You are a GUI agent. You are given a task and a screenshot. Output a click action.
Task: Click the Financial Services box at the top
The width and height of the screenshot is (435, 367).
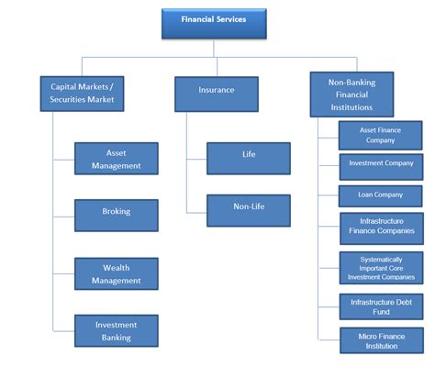[x=213, y=23]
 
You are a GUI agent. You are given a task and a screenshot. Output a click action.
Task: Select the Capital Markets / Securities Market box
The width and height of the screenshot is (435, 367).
[x=83, y=93]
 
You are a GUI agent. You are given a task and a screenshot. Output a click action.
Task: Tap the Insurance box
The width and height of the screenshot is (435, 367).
[x=216, y=93]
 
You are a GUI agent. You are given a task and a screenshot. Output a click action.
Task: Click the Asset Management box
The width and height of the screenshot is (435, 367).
[x=117, y=159]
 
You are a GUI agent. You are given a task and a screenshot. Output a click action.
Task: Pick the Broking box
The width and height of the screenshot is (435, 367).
[x=117, y=212]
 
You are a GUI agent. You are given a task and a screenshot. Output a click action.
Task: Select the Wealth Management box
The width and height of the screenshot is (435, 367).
[x=117, y=273]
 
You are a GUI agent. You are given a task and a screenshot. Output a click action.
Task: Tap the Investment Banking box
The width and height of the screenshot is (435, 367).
[x=117, y=330]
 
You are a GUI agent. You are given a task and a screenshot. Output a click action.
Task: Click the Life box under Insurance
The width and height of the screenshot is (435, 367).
[x=248, y=158]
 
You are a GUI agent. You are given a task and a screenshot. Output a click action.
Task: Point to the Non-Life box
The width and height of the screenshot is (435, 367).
[x=248, y=210]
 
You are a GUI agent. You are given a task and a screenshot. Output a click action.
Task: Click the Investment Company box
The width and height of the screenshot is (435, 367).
[x=380, y=166]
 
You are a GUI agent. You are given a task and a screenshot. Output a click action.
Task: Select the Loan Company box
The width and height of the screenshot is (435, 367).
[x=380, y=195]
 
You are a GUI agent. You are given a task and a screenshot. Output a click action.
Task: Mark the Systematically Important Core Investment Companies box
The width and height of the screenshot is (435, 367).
[x=380, y=267]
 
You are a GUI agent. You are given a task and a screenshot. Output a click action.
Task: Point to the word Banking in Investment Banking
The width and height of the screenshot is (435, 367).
[x=117, y=337]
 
